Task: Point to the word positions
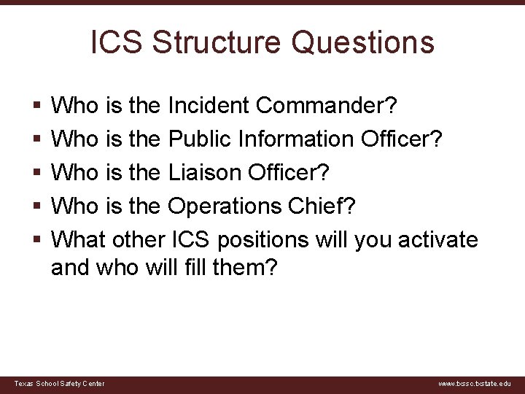click(x=275, y=239)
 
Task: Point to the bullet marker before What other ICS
click(x=36, y=240)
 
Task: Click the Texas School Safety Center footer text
click(x=59, y=384)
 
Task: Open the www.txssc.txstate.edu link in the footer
click(x=475, y=384)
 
